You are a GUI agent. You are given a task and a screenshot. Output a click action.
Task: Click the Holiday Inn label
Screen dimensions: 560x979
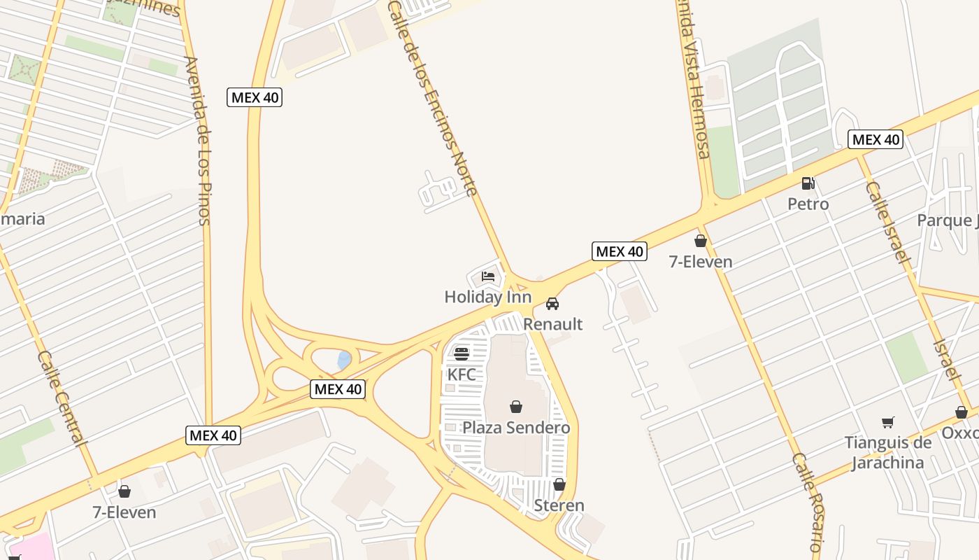pyautogui.click(x=487, y=297)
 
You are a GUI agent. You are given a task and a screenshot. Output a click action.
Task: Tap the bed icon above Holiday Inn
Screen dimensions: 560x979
pyautogui.click(x=488, y=276)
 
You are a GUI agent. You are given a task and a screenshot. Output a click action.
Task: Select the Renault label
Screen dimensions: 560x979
pyautogui.click(x=552, y=324)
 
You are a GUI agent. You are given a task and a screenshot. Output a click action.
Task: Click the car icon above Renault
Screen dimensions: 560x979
pyautogui.click(x=552, y=304)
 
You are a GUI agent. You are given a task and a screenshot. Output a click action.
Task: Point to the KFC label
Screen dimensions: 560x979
pyautogui.click(x=462, y=374)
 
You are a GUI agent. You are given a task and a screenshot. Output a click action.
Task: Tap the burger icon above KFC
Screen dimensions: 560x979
pyautogui.click(x=462, y=353)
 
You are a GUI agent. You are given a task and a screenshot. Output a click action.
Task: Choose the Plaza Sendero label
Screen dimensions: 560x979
pyautogui.click(x=516, y=428)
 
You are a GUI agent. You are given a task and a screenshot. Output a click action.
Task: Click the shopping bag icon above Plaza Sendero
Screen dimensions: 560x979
pyautogui.click(x=516, y=407)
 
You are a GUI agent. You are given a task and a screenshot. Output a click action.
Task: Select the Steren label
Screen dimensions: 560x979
pyautogui.click(x=559, y=505)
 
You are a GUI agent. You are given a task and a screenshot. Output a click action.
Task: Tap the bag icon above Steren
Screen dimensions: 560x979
pyautogui.click(x=559, y=484)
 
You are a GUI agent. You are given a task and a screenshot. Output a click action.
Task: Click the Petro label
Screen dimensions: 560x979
pyautogui.click(x=808, y=204)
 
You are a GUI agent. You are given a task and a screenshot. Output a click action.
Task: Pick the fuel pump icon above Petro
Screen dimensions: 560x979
pyautogui.click(x=808, y=183)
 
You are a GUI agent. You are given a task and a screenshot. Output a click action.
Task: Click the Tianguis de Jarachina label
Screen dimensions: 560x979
pyautogui.click(x=888, y=452)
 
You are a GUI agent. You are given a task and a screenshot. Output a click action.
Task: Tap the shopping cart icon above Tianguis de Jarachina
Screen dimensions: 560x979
pyautogui.click(x=888, y=422)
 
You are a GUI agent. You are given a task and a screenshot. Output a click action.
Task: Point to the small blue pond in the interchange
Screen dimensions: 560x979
pyautogui.click(x=343, y=360)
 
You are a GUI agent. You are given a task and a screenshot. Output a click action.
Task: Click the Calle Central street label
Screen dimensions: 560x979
pyautogui.click(x=63, y=398)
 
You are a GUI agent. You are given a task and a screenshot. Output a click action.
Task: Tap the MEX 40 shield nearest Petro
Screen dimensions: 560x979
pyautogui.click(x=875, y=139)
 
